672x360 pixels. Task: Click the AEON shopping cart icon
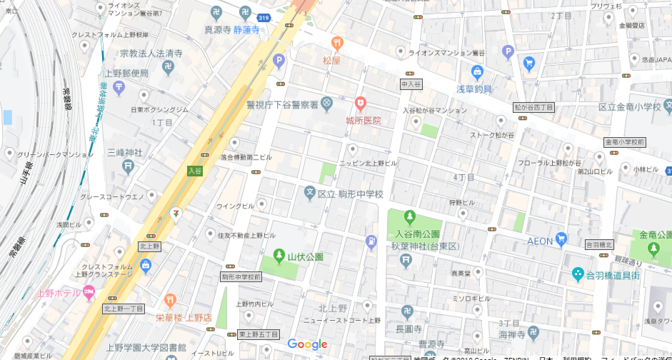(x=562, y=239)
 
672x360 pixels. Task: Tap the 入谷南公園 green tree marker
(x=409, y=216)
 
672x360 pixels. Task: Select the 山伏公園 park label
(x=305, y=256)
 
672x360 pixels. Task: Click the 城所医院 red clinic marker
(x=361, y=104)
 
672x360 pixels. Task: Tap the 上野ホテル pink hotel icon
(x=89, y=291)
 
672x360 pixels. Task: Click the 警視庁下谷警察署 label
(x=281, y=105)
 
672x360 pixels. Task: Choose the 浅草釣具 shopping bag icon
(x=477, y=72)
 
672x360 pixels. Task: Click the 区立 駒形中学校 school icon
(x=310, y=192)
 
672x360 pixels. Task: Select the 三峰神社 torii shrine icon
(x=128, y=166)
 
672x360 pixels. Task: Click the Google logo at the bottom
(x=307, y=345)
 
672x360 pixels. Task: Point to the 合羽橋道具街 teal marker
(x=578, y=274)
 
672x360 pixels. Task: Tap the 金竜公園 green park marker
(x=653, y=248)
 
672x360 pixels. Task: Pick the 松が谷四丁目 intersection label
(x=533, y=106)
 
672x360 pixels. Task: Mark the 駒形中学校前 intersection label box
(x=241, y=276)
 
